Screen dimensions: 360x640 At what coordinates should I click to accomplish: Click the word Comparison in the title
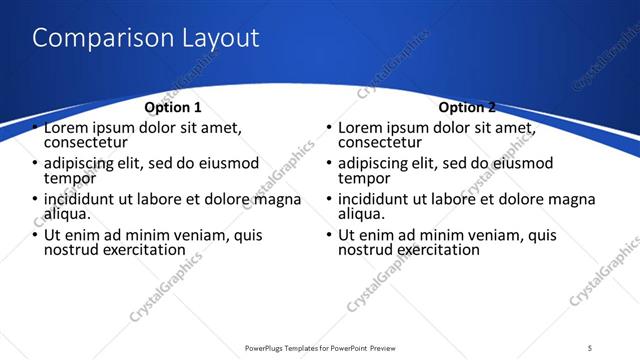pos(95,39)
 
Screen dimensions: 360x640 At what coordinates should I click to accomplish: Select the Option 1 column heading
pos(173,107)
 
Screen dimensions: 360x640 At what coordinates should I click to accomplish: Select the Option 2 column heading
pos(467,107)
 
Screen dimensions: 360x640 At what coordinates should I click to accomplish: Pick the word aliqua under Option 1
pos(67,214)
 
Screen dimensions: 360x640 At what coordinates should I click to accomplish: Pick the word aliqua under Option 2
pos(361,214)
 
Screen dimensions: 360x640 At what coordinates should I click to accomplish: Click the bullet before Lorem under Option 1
pos(34,128)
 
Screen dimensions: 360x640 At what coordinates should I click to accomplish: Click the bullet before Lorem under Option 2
pos(328,128)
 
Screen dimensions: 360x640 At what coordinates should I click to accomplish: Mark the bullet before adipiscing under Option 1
pos(34,163)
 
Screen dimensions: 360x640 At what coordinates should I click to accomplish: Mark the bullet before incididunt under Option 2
pos(328,199)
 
